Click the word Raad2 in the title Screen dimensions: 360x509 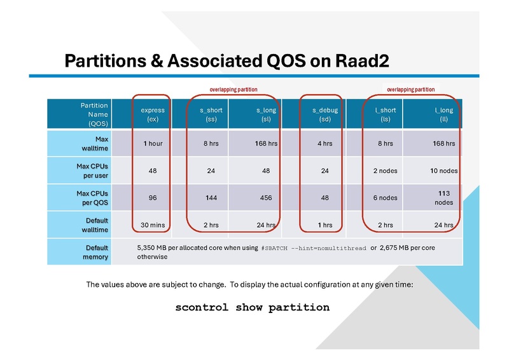359,61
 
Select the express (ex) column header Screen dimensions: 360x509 153,114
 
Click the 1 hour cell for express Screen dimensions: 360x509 153,144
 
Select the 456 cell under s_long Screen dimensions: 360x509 265,198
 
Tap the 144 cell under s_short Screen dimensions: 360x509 211,198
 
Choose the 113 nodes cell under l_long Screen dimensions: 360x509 444,197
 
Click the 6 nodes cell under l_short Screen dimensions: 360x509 385,198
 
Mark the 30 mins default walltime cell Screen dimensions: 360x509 153,225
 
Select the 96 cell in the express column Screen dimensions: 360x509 153,198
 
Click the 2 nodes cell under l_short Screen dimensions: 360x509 385,170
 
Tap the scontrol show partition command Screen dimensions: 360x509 253,308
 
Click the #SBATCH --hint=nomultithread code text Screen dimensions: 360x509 314,248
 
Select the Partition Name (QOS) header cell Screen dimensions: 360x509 94,114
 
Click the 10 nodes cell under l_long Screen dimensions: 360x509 444,170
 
